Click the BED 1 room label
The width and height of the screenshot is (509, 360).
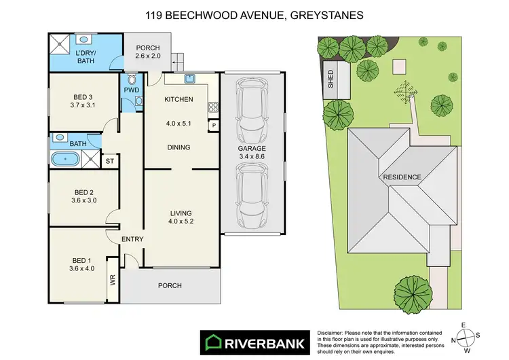tap(81, 260)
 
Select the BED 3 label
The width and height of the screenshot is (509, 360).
tap(81, 96)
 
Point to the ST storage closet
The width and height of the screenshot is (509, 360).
tap(109, 161)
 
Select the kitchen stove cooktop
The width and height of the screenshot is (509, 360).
tap(213, 107)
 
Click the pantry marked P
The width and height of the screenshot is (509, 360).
tap(213, 125)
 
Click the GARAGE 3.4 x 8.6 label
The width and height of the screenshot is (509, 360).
tap(251, 153)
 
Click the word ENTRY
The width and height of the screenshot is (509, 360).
tap(132, 239)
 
